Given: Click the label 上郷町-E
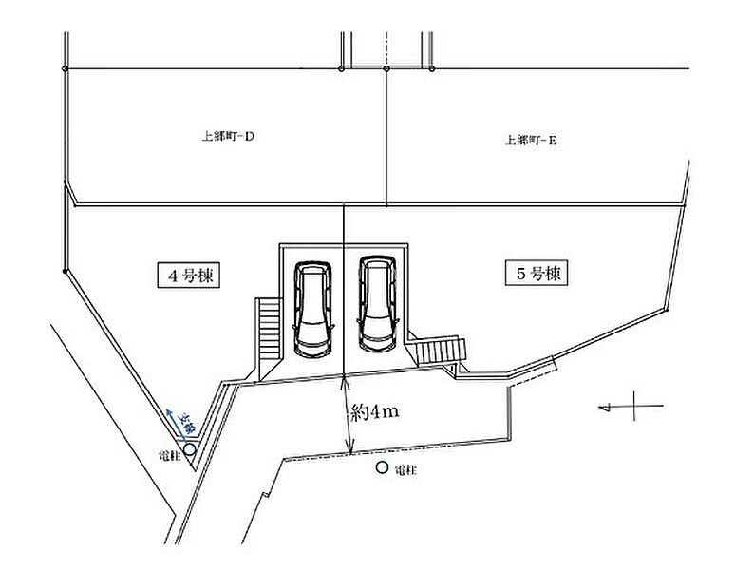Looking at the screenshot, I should point(531,140).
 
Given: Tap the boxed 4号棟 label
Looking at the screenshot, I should point(188,275).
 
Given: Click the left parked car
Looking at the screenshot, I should point(312,306).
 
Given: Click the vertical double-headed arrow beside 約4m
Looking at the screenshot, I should point(347,414).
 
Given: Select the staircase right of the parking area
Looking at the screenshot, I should point(443,351).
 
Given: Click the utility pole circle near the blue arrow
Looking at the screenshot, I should point(190,448).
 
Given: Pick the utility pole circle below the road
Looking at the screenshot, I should point(382,467).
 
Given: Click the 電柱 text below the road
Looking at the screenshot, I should point(405,469).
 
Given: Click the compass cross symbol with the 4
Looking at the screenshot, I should point(631,407).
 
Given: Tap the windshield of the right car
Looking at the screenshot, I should point(375,328).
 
